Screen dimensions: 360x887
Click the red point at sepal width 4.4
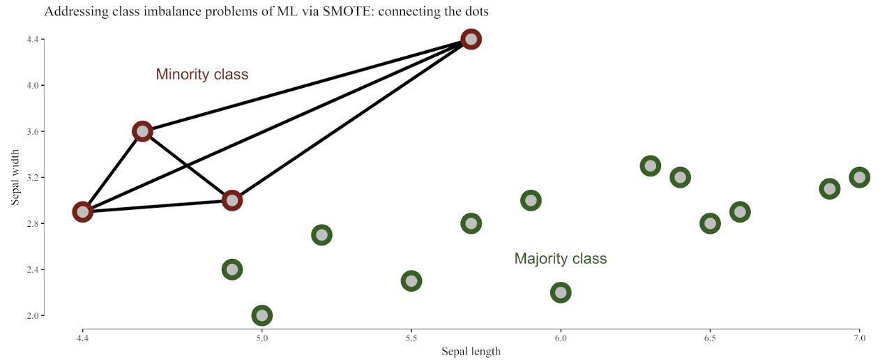471,39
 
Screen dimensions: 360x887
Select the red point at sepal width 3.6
142,131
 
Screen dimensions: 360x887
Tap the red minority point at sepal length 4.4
83,211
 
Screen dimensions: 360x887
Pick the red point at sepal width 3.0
232,200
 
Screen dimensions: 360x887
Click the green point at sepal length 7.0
859,177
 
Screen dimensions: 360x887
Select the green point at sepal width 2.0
262,315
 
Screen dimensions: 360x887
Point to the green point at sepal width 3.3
651,166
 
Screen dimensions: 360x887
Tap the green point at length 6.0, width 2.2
561,292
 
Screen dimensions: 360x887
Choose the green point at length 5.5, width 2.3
411,281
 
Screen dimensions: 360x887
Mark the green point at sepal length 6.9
829,188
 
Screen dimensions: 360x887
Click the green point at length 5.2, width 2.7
321,234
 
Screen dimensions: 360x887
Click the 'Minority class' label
202,75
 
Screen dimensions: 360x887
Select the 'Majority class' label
561,259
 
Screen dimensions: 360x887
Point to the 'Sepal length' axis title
471,351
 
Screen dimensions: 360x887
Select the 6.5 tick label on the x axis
710,338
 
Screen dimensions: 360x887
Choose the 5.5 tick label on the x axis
411,338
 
